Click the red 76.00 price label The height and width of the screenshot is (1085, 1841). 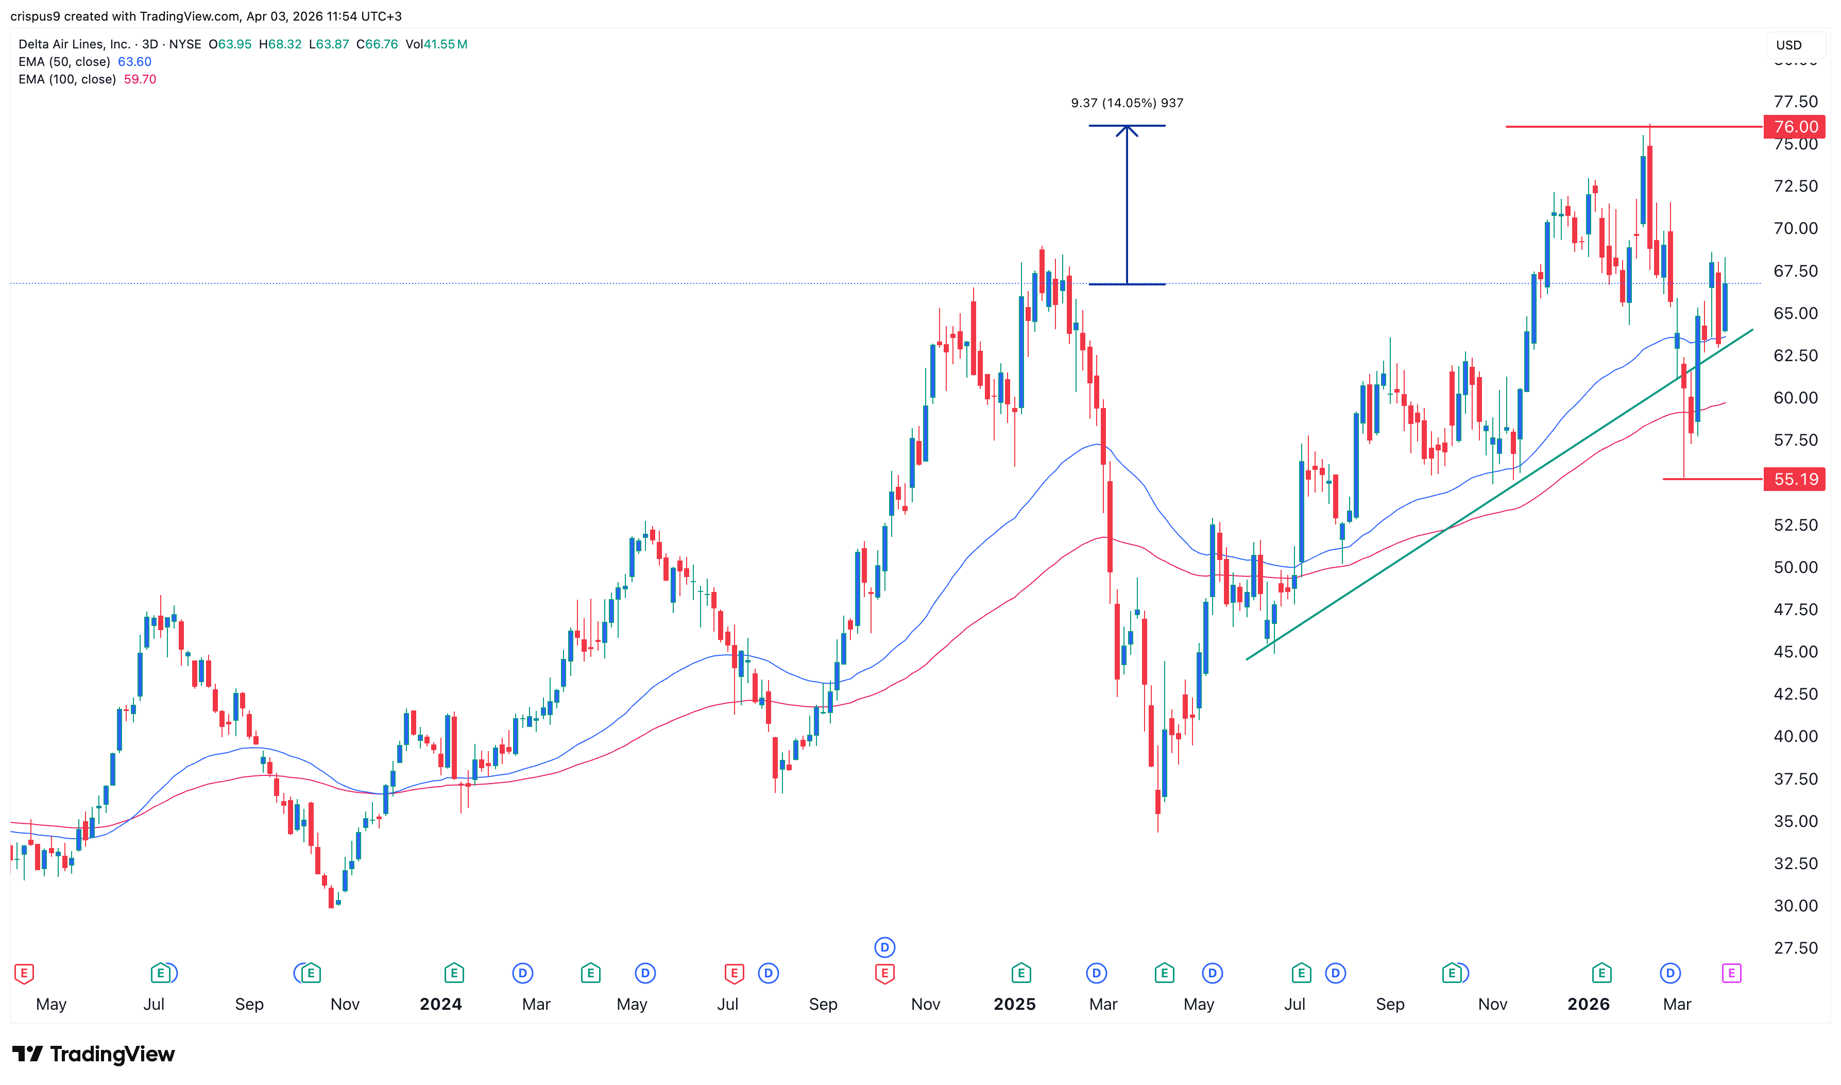pos(1794,127)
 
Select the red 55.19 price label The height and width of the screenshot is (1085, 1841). pos(1794,480)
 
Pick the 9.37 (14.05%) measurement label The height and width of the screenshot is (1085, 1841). pos(1126,103)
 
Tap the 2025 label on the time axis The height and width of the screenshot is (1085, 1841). pos(1014,1005)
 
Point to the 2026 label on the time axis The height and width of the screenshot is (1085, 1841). pos(1588,1005)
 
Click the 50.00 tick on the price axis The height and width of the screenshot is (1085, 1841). pos(1795,567)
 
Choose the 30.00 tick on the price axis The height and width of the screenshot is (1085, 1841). pos(1795,906)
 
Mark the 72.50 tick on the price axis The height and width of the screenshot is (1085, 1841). pos(1795,187)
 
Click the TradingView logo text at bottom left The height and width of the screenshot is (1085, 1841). pos(112,1054)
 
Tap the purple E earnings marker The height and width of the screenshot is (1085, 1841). pos(1731,973)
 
